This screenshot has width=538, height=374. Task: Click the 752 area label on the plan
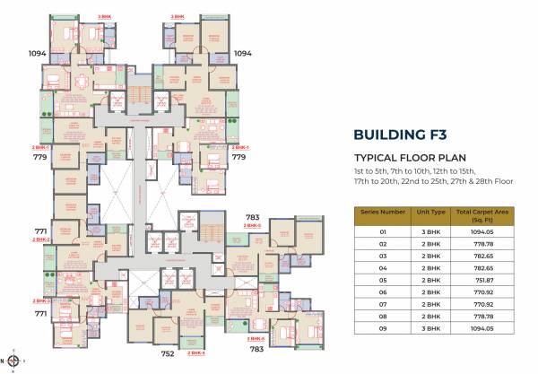167,353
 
